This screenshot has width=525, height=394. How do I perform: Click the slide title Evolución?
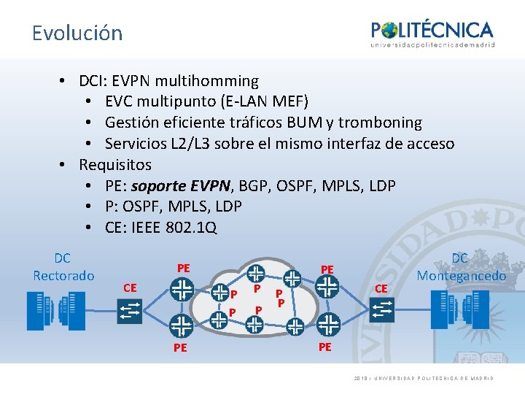(x=77, y=34)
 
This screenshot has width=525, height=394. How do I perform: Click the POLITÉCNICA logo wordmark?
(x=432, y=31)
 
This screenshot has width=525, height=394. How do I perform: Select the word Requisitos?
(x=115, y=165)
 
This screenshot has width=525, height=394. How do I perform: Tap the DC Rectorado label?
(x=63, y=267)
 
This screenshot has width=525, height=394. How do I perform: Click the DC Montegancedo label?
(x=461, y=267)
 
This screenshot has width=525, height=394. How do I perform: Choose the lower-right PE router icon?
(x=328, y=322)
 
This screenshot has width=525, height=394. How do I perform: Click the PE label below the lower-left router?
(x=180, y=348)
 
